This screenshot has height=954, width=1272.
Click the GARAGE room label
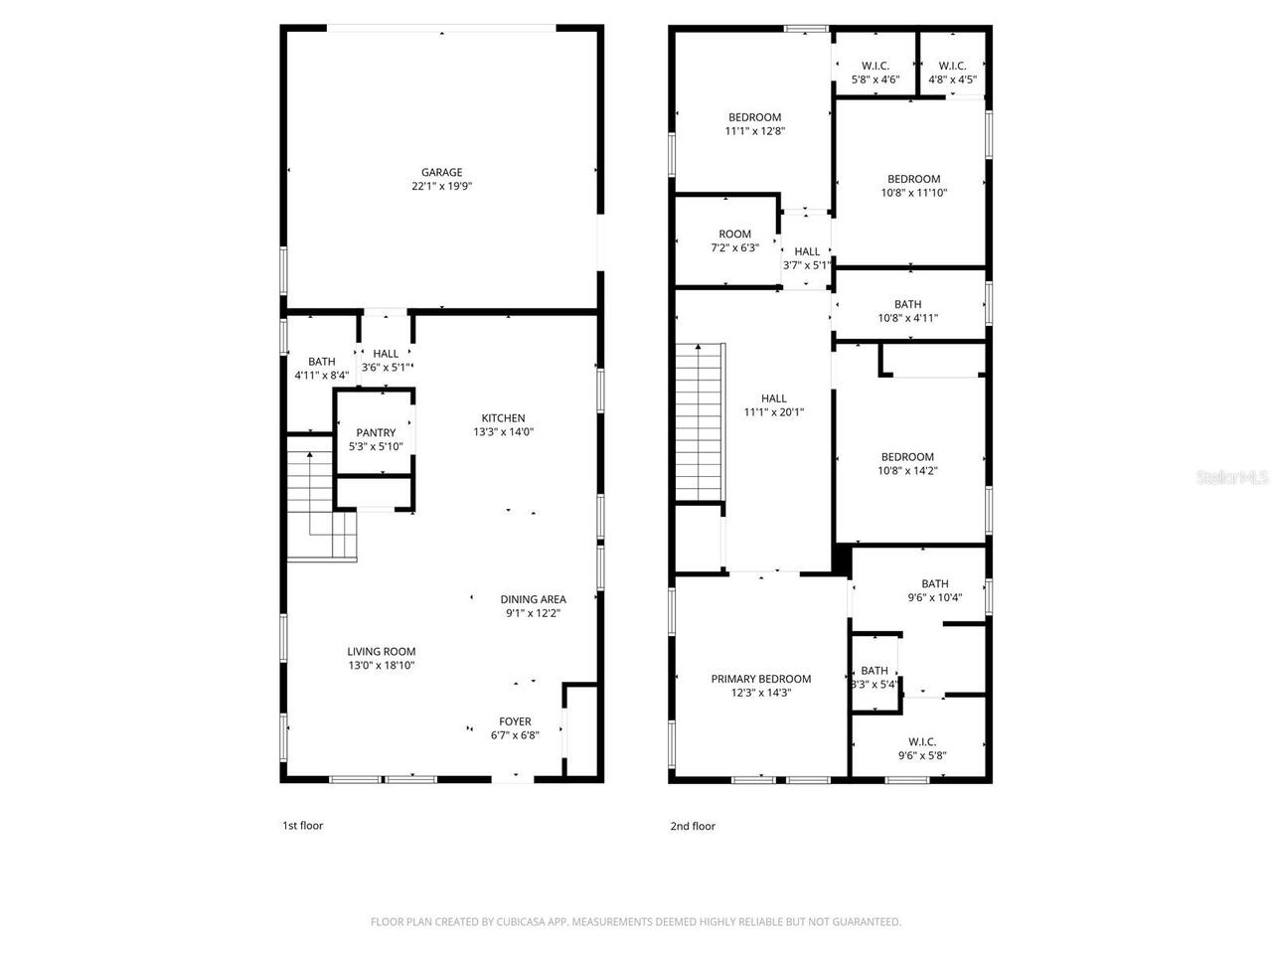[441, 172]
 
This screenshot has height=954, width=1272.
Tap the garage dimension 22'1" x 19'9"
[441, 186]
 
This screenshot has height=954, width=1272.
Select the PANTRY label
[376, 433]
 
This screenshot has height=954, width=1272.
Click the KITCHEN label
[503, 418]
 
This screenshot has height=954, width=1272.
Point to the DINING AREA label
[533, 599]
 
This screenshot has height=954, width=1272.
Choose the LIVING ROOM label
[381, 652]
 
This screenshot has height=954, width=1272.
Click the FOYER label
[515, 721]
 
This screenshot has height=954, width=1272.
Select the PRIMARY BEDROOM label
[760, 679]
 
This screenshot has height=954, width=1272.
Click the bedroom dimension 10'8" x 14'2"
[907, 471]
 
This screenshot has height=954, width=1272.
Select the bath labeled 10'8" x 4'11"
[907, 311]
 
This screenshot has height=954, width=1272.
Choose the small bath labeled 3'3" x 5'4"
[874, 677]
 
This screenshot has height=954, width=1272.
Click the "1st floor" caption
[303, 826]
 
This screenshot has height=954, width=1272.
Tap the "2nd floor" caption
[692, 826]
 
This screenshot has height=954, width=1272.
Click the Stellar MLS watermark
[1232, 477]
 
